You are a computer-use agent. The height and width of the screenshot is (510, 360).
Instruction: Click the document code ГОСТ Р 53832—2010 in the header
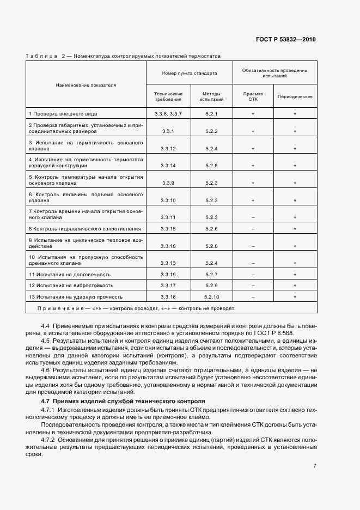click(285, 40)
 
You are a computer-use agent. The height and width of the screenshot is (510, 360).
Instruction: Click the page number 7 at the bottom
click(315, 466)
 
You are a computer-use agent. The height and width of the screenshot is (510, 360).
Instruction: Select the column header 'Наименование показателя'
click(86, 85)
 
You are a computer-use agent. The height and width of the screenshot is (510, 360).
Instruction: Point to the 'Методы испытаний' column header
click(211, 97)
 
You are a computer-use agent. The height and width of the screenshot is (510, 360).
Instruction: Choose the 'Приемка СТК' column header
click(253, 97)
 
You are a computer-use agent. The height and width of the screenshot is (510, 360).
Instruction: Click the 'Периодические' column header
click(295, 97)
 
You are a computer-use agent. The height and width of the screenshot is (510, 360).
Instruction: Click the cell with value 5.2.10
click(211, 297)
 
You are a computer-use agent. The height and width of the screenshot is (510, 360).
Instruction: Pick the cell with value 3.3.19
click(168, 274)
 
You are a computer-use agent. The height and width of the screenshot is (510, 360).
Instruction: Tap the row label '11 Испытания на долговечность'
click(70, 274)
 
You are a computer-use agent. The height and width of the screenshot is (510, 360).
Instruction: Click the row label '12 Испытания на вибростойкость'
click(71, 286)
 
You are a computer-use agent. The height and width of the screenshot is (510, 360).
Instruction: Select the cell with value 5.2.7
click(211, 274)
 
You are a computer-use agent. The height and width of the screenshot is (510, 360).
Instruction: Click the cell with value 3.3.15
click(168, 229)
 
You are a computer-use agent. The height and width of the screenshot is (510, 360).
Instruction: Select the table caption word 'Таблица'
click(42, 56)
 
